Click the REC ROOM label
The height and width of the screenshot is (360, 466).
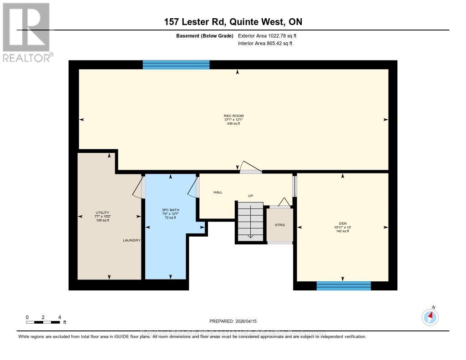[x=233, y=116]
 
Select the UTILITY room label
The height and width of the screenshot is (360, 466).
[x=102, y=213]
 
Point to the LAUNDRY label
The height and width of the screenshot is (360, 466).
[x=132, y=240]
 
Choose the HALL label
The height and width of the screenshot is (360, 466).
[x=218, y=193]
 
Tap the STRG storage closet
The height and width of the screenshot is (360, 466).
[x=279, y=224]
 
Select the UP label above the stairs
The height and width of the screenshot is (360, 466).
[x=250, y=196]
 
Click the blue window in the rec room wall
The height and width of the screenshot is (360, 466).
[x=176, y=65]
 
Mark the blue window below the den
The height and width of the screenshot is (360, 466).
[x=344, y=286]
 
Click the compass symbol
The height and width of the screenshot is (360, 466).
[x=430, y=317]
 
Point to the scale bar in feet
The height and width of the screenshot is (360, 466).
[x=43, y=322]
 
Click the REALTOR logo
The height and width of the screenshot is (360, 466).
[x=26, y=32]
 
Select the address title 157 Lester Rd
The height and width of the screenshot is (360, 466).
[x=233, y=22]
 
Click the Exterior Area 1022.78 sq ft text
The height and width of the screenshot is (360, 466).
[x=267, y=35]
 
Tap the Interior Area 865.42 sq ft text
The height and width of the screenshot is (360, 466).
[x=265, y=44]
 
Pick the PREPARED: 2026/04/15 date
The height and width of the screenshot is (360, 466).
[x=233, y=321]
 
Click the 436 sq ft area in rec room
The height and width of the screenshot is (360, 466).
[x=233, y=123]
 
